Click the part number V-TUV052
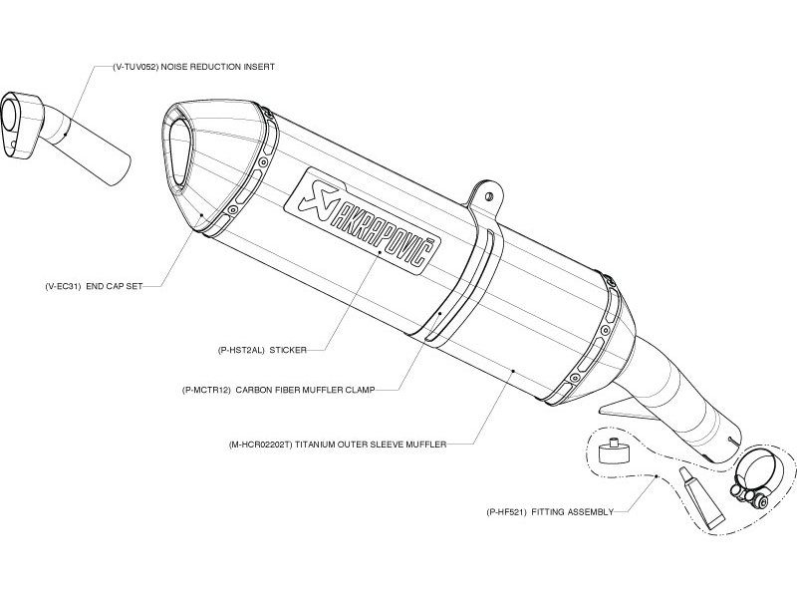pyautogui.click(x=135, y=67)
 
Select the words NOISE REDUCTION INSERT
pyautogui.click(x=218, y=67)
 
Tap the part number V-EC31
pyautogui.click(x=63, y=286)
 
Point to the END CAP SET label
pyautogui.click(x=115, y=286)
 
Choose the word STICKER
pyautogui.click(x=288, y=350)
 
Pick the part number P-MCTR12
pyautogui.click(x=206, y=390)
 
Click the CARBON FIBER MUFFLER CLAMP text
pyautogui.click(x=305, y=390)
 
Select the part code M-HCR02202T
pyautogui.click(x=261, y=445)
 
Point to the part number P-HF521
pyautogui.click(x=506, y=512)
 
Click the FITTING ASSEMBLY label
pyautogui.click(x=572, y=512)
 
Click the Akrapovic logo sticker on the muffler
pyautogui.click(x=362, y=221)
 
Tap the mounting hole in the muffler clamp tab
pyautogui.click(x=489, y=196)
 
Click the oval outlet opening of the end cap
pyautogui.click(x=179, y=152)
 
